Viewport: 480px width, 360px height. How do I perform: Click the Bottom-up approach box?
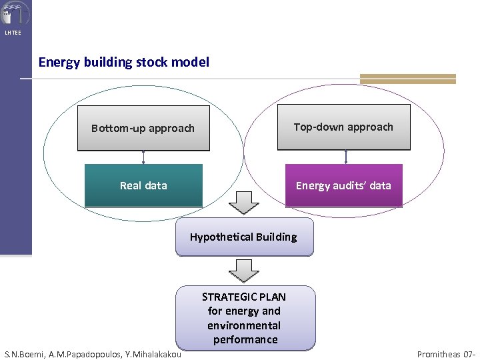point(143,128)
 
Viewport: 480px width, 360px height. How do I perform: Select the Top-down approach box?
point(343,127)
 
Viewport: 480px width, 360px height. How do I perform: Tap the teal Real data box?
point(143,185)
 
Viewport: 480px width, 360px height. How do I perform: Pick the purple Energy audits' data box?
point(344,185)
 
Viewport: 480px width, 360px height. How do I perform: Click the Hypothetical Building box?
point(244,237)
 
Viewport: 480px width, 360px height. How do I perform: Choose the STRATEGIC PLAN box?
point(244,318)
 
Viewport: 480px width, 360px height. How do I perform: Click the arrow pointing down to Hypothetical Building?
point(244,202)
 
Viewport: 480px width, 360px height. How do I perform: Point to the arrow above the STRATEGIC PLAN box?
point(244,271)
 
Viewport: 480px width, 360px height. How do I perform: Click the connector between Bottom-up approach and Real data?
point(143,157)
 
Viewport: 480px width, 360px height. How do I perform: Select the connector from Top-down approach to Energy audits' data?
point(345,157)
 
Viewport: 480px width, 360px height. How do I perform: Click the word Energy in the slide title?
point(57,62)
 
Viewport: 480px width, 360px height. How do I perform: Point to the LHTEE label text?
point(13,33)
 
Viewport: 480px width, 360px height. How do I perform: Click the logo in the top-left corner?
point(14,13)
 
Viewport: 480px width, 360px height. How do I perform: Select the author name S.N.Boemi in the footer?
point(25,354)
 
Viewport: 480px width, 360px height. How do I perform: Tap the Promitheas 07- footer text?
point(446,354)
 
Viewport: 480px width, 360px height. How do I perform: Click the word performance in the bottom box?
point(245,340)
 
